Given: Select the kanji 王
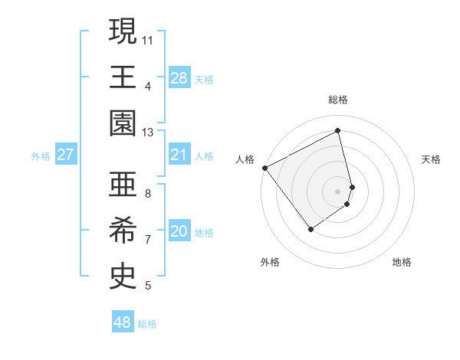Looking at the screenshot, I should [123, 77].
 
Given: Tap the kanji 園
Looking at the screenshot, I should [123, 123].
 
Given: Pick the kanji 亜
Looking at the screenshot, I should [123, 185].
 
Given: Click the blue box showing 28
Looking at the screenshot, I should [179, 78].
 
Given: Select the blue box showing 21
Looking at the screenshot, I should [179, 155].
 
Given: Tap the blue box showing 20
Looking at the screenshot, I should [179, 231].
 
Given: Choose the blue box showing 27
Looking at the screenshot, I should [65, 155].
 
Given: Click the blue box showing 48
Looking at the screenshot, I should [123, 322].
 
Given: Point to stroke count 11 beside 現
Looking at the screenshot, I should [148, 39].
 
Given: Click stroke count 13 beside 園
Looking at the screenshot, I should [148, 132].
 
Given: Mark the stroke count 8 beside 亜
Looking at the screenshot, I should [148, 193].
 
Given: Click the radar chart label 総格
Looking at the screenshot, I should [338, 100].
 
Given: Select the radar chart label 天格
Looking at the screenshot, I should [432, 159].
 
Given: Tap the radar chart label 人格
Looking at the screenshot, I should [245, 159].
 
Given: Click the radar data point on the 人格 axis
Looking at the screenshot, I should [265, 167].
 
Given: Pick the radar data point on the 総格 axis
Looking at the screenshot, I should [338, 131].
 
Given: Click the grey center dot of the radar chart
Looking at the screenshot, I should [338, 190].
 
